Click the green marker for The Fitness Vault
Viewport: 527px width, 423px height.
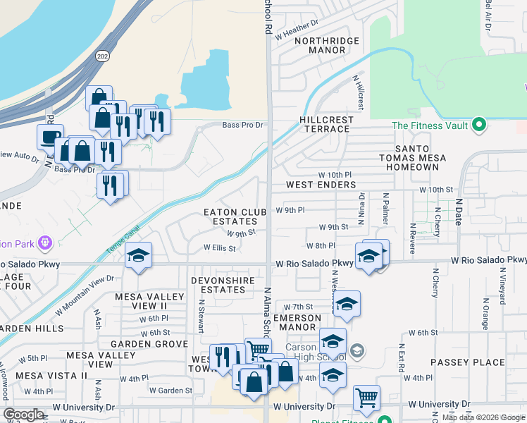coord(479,125)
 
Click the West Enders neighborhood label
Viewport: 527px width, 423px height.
coord(321,185)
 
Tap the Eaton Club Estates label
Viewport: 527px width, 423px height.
coord(235,216)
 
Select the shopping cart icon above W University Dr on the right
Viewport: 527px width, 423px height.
coord(366,398)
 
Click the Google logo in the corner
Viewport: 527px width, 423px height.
coord(23,415)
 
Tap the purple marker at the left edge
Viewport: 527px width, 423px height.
coord(46,243)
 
